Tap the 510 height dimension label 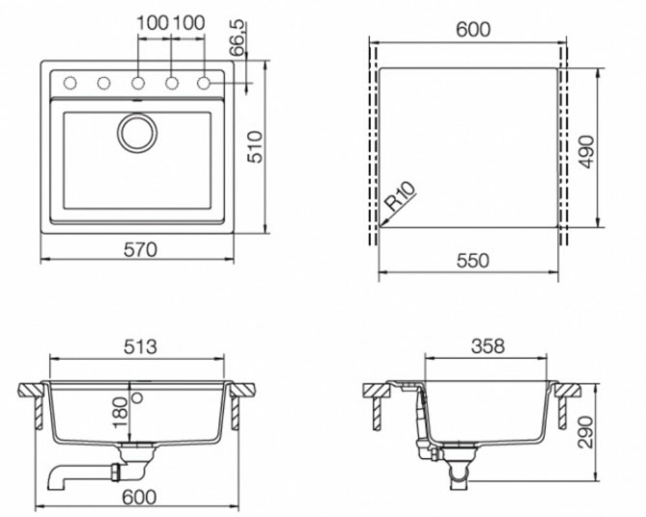257,148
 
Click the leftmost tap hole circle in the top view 70,83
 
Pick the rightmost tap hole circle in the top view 204,83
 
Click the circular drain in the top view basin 136,133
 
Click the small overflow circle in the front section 136,397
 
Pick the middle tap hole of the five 137,83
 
